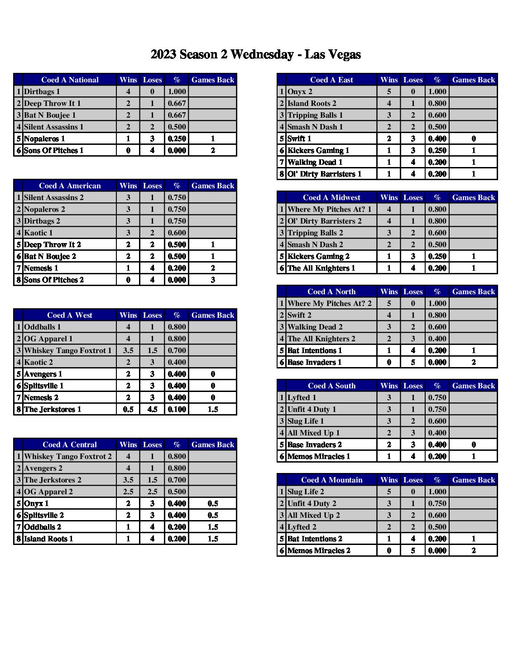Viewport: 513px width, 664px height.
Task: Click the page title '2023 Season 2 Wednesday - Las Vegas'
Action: tap(256, 55)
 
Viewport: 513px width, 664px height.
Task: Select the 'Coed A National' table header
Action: tap(70, 80)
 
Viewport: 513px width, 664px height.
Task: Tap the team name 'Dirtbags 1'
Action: tap(42, 91)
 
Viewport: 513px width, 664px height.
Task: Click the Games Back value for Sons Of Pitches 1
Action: tap(213, 150)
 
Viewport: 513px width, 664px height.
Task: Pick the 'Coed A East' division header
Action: tap(331, 80)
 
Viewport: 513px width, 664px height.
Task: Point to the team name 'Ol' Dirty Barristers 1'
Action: tap(325, 174)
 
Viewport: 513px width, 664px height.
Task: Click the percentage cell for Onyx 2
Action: tap(437, 91)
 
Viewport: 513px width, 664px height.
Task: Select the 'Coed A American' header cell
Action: tap(70, 186)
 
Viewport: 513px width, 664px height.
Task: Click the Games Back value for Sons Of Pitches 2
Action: tap(213, 280)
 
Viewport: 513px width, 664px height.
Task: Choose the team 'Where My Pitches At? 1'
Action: tap(330, 209)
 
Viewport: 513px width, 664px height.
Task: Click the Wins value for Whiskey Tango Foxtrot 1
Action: tap(128, 350)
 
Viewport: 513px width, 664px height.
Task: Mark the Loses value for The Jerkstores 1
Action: tap(153, 409)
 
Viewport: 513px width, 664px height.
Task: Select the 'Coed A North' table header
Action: tap(331, 291)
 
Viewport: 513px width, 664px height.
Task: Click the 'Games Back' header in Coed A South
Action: tap(474, 386)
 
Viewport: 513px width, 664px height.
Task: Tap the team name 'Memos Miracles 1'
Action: tap(319, 456)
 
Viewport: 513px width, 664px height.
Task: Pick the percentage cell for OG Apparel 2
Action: tap(177, 492)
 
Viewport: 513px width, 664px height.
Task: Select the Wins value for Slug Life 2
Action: tap(389, 492)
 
